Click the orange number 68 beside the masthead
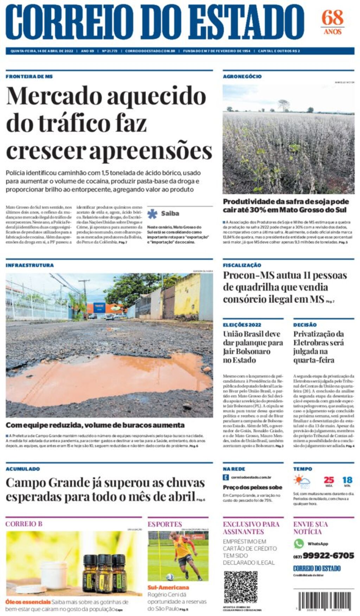(x=332, y=18)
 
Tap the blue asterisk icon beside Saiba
(x=152, y=214)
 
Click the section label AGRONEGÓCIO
(x=242, y=76)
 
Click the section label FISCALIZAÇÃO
(x=242, y=265)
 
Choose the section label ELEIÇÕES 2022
(x=242, y=325)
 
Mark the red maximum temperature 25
(x=329, y=480)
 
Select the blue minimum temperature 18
(x=347, y=480)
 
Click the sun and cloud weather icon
(x=302, y=481)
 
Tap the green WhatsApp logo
(x=299, y=544)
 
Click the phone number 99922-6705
(x=328, y=556)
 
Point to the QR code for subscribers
(x=241, y=587)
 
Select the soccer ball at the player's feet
(x=170, y=577)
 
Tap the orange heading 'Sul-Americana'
(x=168, y=588)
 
